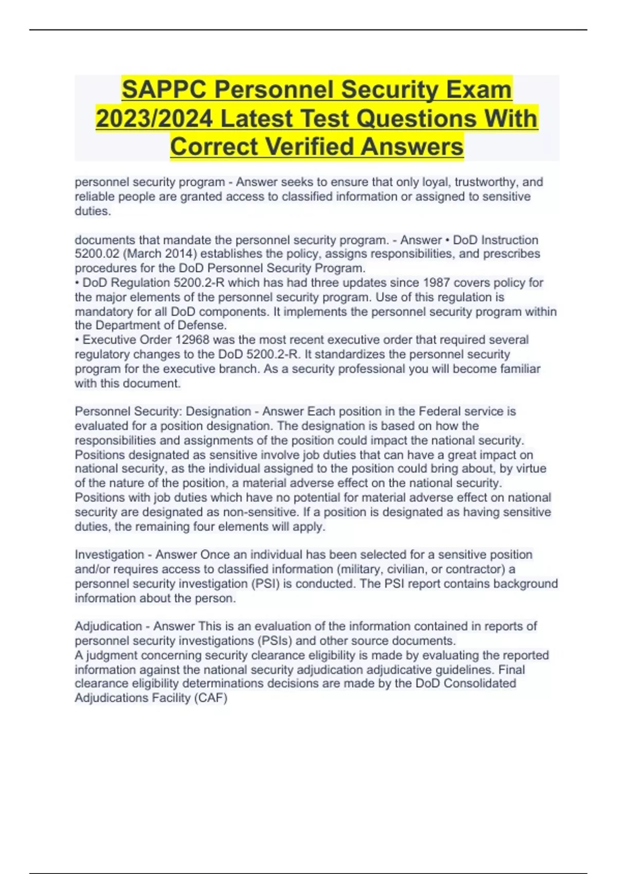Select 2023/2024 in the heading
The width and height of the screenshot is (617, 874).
pyautogui.click(x=154, y=119)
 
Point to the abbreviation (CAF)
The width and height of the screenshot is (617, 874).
pyautogui.click(x=210, y=698)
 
